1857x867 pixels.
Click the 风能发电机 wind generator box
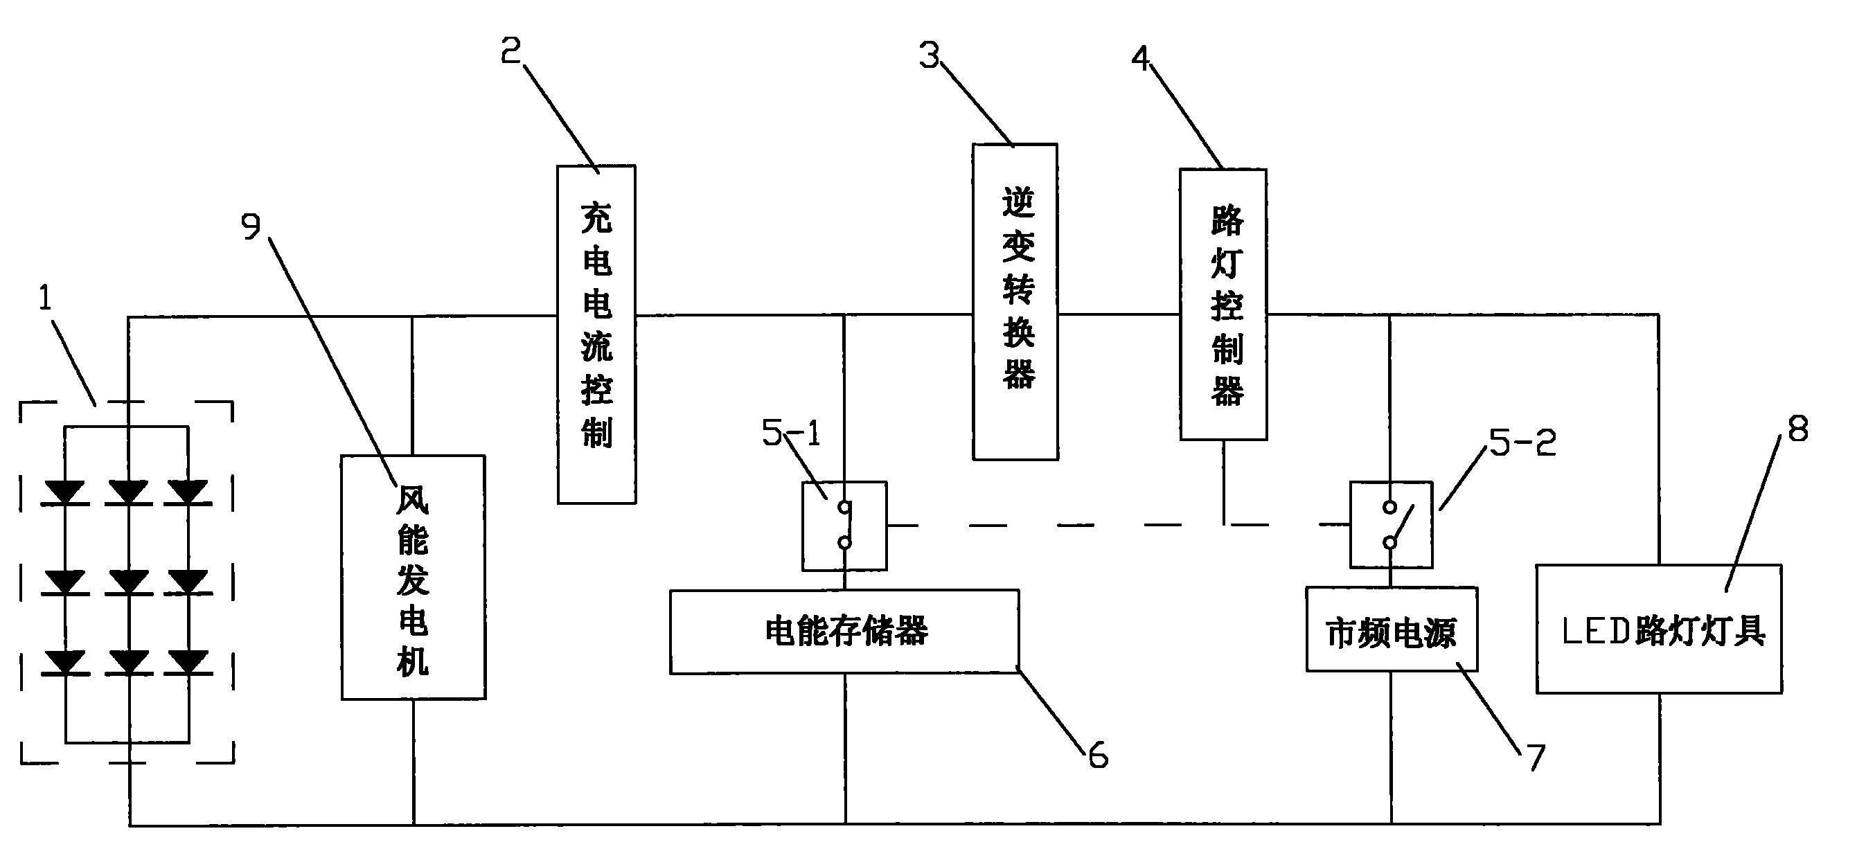[x=413, y=578]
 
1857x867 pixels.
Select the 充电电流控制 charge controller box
[x=596, y=334]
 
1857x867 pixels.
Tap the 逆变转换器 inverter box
[x=1015, y=301]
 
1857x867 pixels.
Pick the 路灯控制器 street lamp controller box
[x=1223, y=304]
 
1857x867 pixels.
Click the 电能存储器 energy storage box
[x=844, y=632]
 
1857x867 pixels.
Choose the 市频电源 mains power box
[x=1392, y=630]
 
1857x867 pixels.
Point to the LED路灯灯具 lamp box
[x=1659, y=629]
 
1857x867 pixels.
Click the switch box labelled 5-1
[x=844, y=526]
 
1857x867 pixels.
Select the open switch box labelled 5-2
[x=1392, y=526]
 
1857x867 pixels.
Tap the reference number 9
[x=250, y=228]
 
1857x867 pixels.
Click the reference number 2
[x=511, y=51]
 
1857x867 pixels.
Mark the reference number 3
[x=930, y=55]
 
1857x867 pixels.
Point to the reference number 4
[x=1140, y=58]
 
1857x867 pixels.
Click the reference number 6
[x=1098, y=756]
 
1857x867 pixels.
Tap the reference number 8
[x=1798, y=430]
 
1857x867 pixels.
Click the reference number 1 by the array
[x=46, y=298]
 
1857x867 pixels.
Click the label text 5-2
[x=1522, y=443]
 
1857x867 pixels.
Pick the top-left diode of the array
[x=66, y=493]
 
